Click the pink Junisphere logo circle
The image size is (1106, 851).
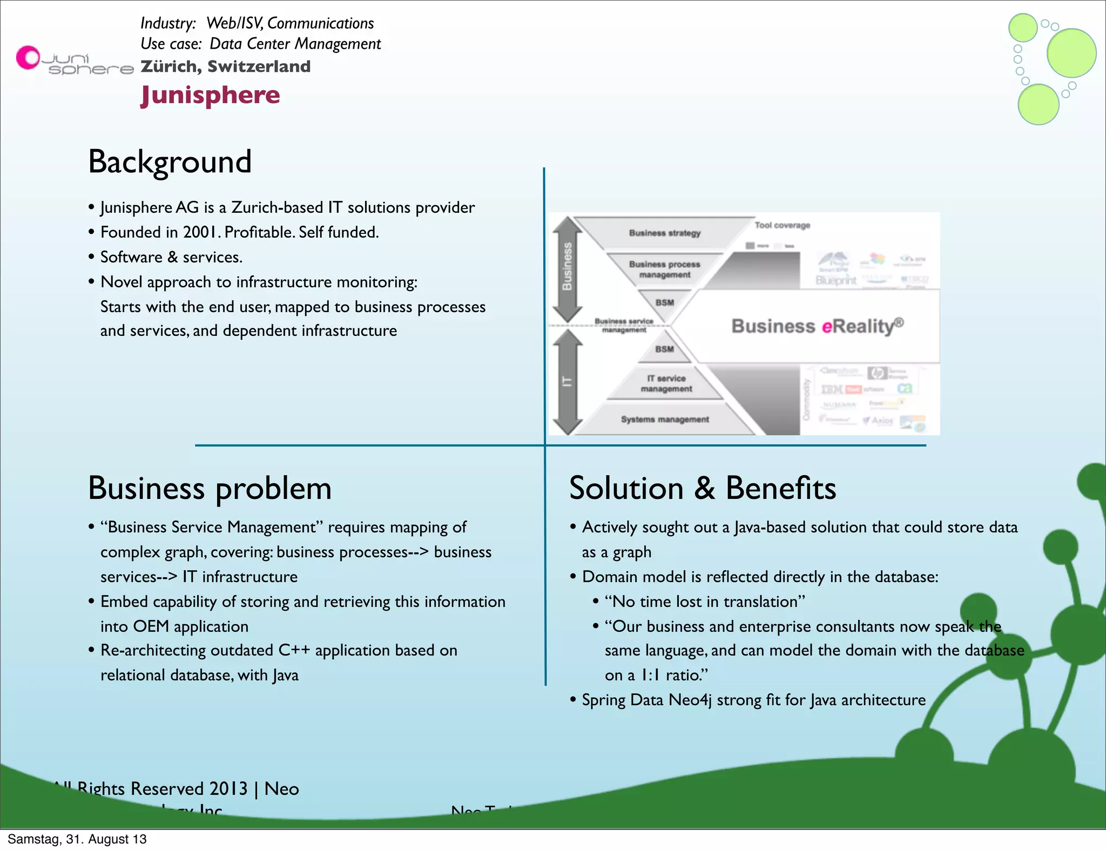(x=28, y=57)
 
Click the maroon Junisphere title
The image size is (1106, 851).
(x=210, y=95)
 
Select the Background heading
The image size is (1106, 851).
(x=170, y=161)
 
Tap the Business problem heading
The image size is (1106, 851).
(x=210, y=488)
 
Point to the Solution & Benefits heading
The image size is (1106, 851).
(x=702, y=488)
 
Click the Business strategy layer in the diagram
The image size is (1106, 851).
(x=664, y=233)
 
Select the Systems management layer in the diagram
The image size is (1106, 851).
(x=664, y=420)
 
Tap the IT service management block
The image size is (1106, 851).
(x=666, y=383)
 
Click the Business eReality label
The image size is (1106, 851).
(x=817, y=326)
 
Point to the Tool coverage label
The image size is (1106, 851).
(x=782, y=225)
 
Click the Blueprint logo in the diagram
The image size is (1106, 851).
(x=835, y=280)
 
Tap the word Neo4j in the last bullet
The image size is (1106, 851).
(x=690, y=700)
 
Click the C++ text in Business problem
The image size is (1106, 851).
(x=294, y=650)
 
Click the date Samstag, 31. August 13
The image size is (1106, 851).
(x=77, y=839)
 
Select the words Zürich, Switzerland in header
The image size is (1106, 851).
(x=225, y=66)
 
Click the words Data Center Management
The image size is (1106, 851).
(x=295, y=44)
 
